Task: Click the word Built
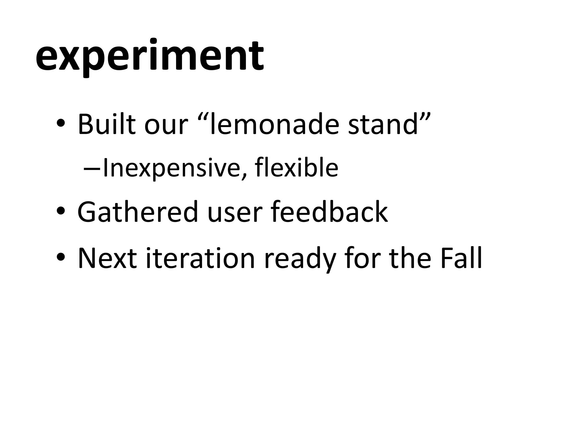106,124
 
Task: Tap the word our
166,124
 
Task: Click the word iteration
201,258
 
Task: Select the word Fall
461,258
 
